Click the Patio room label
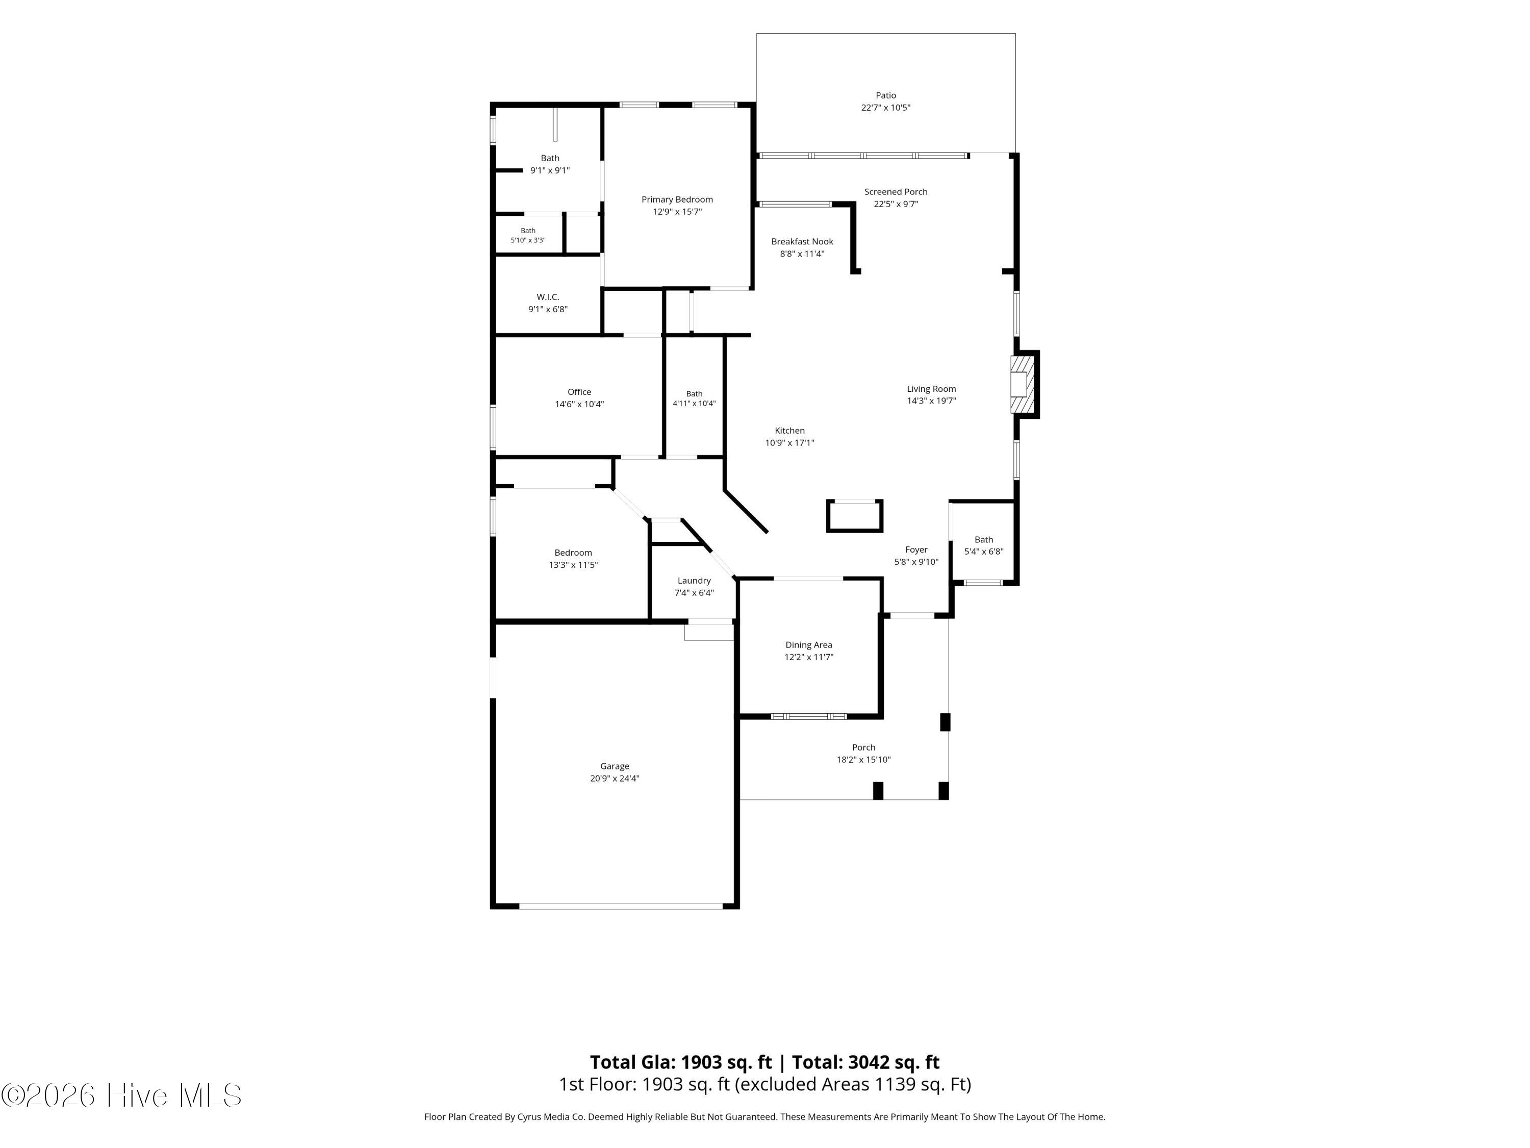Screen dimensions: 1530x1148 [x=885, y=95]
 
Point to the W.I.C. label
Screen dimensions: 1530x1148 [x=548, y=297]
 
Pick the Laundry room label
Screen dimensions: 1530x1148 [x=694, y=581]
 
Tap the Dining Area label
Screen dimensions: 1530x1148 [x=808, y=645]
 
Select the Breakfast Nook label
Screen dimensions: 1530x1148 [x=802, y=241]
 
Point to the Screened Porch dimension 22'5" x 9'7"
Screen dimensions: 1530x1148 [x=896, y=204]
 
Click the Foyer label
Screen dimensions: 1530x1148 [x=916, y=550]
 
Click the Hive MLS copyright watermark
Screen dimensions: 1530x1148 [x=122, y=1095]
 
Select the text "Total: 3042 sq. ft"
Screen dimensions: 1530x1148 [x=865, y=1062]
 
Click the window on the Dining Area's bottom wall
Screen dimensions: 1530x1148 [x=808, y=716]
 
